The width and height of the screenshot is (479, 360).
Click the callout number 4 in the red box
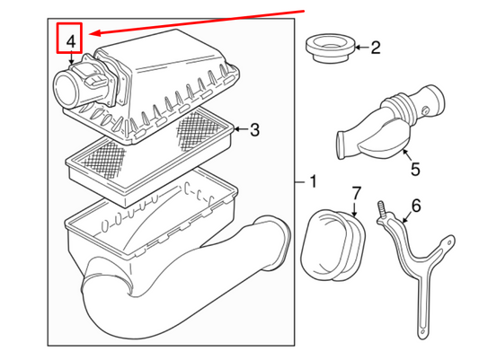[x=71, y=42]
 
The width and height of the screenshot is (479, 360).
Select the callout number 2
[x=376, y=48]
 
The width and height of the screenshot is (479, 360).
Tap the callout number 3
[x=254, y=130]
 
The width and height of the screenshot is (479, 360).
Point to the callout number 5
[x=415, y=169]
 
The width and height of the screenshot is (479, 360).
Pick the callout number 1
[x=313, y=181]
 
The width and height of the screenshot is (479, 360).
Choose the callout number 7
[x=357, y=193]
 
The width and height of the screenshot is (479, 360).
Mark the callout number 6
[x=416, y=206]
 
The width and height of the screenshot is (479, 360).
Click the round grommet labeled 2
[x=330, y=48]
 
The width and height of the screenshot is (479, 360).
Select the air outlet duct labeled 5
[x=390, y=122]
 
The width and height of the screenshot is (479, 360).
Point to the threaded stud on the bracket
[x=382, y=208]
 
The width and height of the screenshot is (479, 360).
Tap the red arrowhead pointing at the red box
[x=95, y=33]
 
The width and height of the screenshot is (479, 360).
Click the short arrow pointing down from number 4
[x=71, y=58]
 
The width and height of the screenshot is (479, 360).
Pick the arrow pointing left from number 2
[x=362, y=48]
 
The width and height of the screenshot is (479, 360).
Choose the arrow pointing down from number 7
[x=354, y=209]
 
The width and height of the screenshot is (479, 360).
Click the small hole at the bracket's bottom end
[x=422, y=331]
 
